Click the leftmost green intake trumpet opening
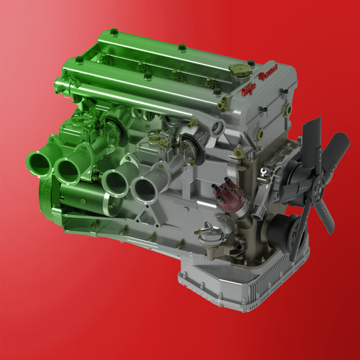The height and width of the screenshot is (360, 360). (x=40, y=163)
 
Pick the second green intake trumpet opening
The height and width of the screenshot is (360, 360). (x=71, y=169)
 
